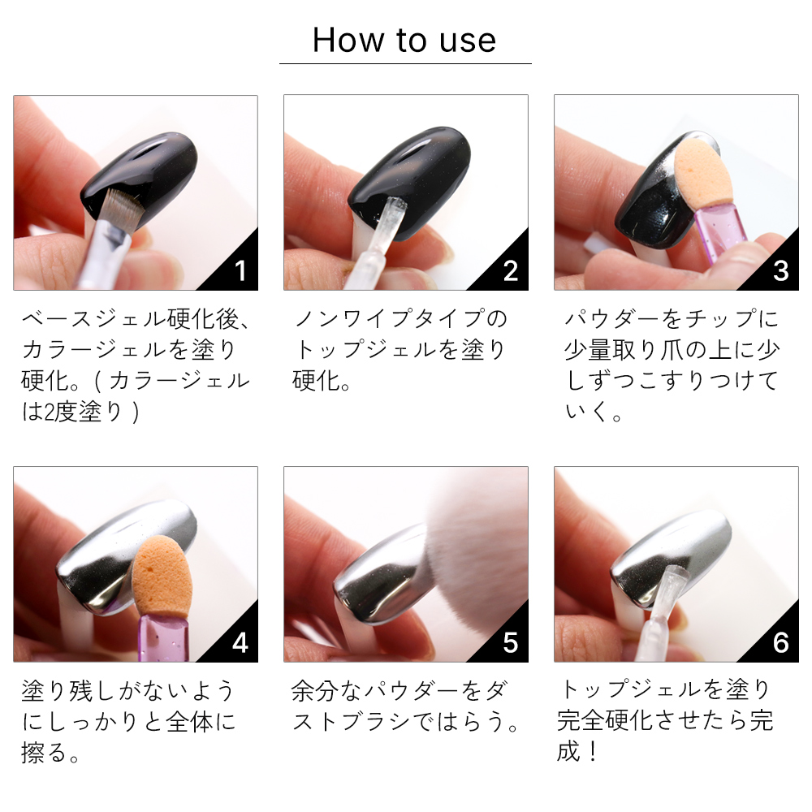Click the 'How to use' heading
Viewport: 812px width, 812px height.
(404, 40)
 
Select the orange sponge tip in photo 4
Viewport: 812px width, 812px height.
(162, 576)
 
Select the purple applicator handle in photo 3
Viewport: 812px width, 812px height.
(719, 228)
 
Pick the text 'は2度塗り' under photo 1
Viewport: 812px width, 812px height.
(72, 412)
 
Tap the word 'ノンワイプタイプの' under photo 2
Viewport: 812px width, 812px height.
(400, 318)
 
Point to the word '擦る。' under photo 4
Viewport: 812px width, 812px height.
(50, 753)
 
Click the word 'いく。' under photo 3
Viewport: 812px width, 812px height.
(594, 412)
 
